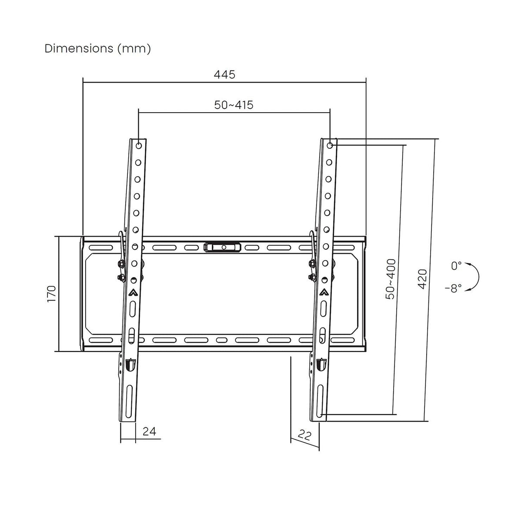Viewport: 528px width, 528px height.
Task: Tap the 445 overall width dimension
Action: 224,74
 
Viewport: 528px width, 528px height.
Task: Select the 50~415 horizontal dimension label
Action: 234,105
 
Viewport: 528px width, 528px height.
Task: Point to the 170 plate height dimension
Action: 52,294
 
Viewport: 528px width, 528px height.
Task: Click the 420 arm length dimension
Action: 422,279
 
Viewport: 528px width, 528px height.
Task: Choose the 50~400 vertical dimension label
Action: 391,279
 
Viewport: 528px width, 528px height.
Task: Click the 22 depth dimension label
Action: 305,435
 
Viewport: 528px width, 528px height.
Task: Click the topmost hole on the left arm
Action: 138,145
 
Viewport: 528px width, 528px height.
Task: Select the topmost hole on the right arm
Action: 330,145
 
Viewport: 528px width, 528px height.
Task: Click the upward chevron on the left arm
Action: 133,292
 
